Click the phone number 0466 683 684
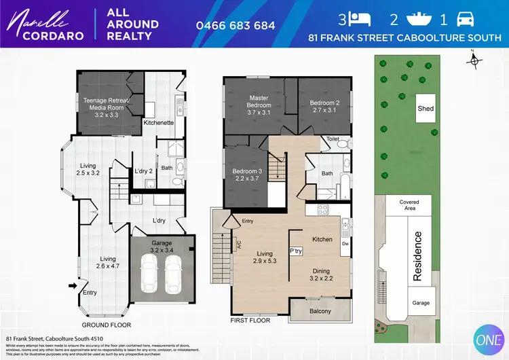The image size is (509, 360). pos(235,25)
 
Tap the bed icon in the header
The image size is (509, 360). pos(360,18)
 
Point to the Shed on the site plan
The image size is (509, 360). pos(426,108)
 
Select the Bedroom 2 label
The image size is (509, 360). pos(324,105)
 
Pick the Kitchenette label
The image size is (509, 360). pos(159,123)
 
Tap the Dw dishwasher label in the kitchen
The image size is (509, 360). pos(345,242)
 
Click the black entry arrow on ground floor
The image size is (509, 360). pos(73,286)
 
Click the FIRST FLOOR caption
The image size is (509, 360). pos(250,320)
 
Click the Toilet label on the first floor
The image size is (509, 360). pos(332,139)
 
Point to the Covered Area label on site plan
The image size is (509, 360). pos(409,205)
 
